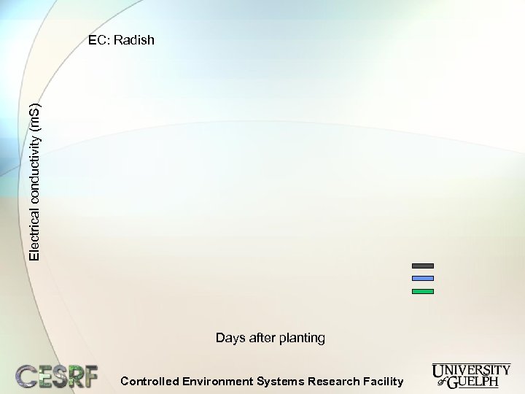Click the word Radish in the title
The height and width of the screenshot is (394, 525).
[136, 41]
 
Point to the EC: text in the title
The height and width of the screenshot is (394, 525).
[101, 41]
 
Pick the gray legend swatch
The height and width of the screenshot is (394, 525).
[423, 266]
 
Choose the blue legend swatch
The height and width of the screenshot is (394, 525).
[423, 278]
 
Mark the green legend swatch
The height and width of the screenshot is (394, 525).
[423, 291]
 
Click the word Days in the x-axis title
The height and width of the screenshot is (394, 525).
[230, 338]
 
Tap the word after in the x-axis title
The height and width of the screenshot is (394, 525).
[263, 338]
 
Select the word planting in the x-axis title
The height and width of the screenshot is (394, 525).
[303, 339]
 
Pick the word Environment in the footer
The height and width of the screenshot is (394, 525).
[217, 381]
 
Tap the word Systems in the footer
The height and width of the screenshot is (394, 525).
[281, 381]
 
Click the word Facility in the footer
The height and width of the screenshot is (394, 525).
[383, 381]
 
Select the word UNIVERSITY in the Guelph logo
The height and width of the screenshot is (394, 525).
[471, 370]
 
